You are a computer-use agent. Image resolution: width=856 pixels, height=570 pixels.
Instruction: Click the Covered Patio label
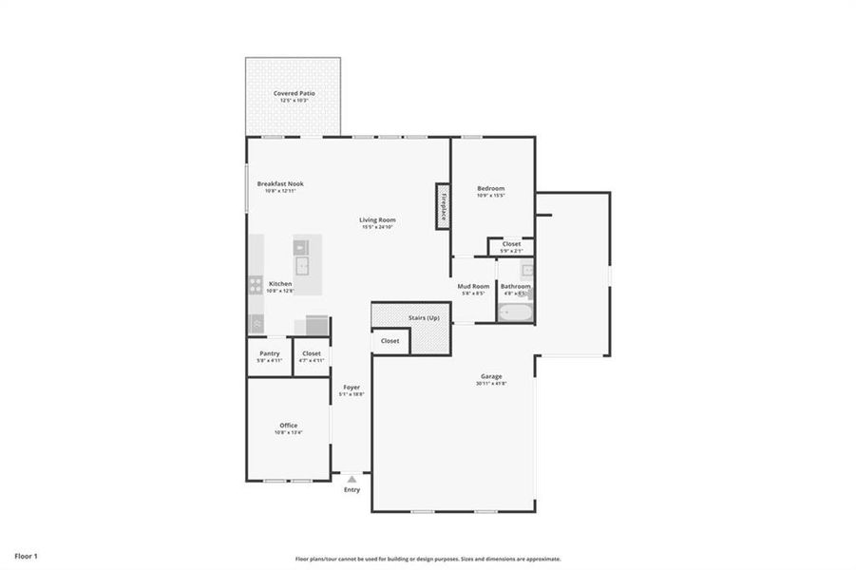tap(294, 93)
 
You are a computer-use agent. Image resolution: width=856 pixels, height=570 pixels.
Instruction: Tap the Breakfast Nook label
tap(280, 183)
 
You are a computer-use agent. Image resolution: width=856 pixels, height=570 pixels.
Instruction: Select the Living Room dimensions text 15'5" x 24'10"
tap(377, 227)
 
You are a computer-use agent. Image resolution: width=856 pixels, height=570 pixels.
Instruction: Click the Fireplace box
tap(443, 205)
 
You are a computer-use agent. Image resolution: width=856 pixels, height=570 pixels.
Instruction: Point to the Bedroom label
tap(491, 188)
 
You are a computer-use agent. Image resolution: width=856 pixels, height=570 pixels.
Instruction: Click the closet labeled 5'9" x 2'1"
tap(511, 247)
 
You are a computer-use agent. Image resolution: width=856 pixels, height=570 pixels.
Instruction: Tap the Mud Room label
tap(473, 286)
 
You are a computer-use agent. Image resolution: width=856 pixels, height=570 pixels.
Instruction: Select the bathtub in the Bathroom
tap(515, 313)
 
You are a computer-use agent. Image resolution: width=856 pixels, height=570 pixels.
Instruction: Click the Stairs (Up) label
tap(423, 316)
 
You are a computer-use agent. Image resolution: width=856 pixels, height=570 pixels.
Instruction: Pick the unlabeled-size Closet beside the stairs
tap(390, 340)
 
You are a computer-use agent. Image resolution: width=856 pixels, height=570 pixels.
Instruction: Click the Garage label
tap(491, 376)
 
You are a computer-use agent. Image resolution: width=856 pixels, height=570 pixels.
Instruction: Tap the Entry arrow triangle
tap(352, 480)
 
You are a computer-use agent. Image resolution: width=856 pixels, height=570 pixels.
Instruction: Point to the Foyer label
tap(352, 388)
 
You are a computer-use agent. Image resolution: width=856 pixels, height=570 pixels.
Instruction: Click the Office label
tap(288, 425)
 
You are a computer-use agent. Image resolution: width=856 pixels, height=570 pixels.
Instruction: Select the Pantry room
tap(270, 356)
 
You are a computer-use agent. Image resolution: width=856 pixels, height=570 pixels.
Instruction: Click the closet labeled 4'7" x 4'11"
tap(312, 356)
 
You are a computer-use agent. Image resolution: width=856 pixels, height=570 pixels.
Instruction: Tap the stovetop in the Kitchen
tap(256, 283)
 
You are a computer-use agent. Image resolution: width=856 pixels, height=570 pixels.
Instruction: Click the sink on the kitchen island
tap(301, 264)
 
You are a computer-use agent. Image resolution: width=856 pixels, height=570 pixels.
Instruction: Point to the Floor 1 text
tap(26, 555)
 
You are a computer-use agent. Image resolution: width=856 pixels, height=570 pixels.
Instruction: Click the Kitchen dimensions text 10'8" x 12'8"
tap(280, 291)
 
